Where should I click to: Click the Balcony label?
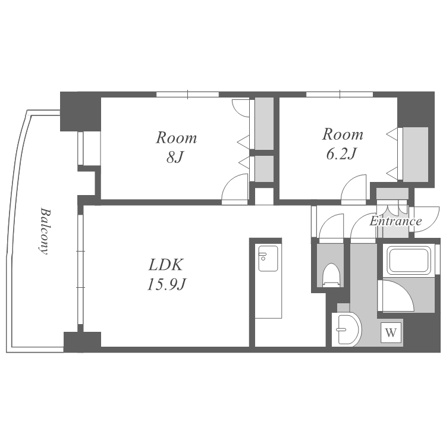44,231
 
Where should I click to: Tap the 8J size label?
175,158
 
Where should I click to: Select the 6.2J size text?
341,154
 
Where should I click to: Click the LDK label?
165,265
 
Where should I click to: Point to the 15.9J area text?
167,284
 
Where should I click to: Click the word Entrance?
395,221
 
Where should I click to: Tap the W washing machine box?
391,332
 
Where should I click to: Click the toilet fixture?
331,275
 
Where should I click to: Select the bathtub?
408,260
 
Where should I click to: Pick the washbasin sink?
347,329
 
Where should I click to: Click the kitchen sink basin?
268,259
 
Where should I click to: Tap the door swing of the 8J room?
235,189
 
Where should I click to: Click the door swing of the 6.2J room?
354,189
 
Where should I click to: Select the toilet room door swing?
331,228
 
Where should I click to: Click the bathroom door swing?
396,296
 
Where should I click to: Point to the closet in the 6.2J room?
416,155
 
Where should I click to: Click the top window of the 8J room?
188,95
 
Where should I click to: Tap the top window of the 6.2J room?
340,95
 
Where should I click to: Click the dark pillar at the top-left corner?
80,112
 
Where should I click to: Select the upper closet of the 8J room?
264,124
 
